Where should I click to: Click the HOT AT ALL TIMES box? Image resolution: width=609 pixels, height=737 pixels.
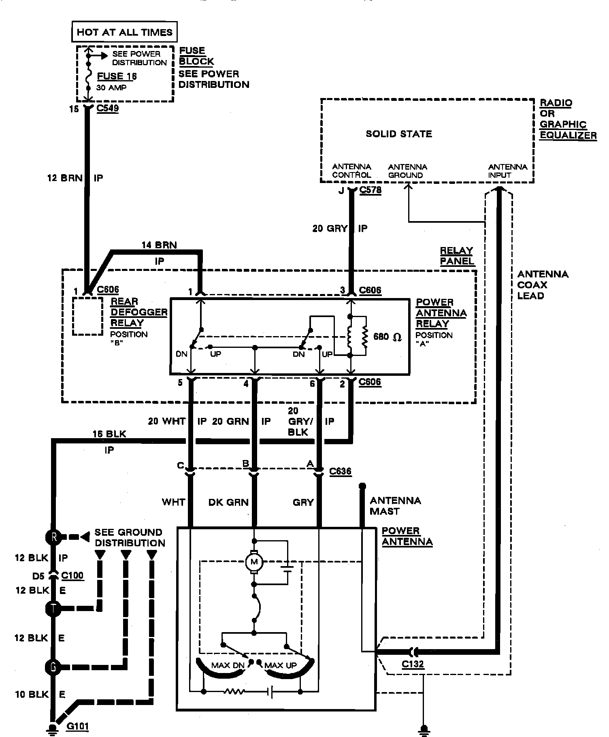[x=124, y=32]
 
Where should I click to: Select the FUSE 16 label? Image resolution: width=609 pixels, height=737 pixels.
[x=117, y=76]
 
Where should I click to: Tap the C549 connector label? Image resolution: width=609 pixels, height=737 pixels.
[x=108, y=109]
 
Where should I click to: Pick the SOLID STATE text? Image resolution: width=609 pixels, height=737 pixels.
[x=399, y=134]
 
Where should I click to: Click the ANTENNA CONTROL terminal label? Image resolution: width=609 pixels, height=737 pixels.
[x=351, y=171]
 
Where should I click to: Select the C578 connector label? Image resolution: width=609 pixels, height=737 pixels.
[x=370, y=190]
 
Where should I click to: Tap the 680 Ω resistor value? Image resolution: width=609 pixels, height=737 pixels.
[x=388, y=337]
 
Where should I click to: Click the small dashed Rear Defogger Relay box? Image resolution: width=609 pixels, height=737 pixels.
[x=87, y=316]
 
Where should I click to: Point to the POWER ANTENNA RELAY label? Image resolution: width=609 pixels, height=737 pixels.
[x=441, y=313]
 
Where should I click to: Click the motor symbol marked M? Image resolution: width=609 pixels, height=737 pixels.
[x=254, y=562]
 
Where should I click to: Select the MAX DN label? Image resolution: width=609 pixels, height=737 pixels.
[x=228, y=665]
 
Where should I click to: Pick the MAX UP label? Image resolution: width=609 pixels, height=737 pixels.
[x=281, y=665]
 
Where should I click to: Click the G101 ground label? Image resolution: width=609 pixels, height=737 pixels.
[x=77, y=726]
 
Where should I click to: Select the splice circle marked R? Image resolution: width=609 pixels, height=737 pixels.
[x=53, y=537]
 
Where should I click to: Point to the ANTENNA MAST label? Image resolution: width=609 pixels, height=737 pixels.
[x=395, y=506]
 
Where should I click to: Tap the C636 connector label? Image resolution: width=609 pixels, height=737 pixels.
[x=340, y=471]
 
